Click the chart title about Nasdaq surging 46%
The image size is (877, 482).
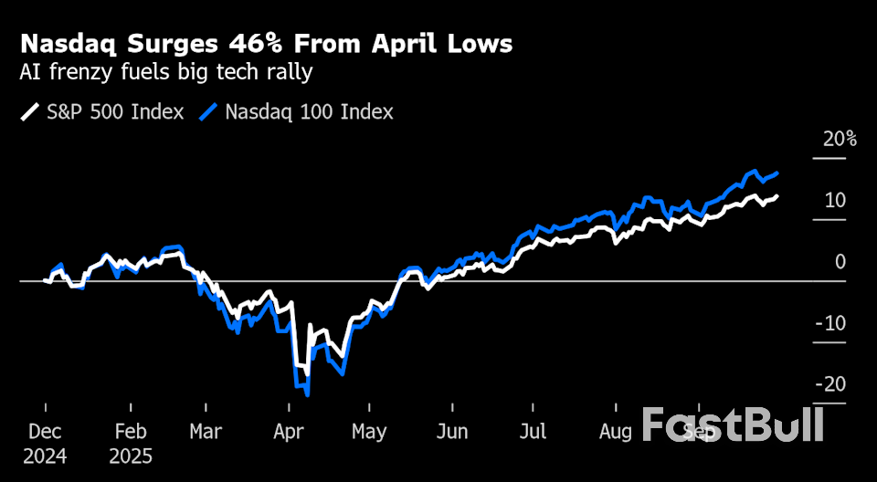pyautogui.click(x=266, y=44)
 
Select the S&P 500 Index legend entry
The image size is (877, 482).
pyautogui.click(x=102, y=112)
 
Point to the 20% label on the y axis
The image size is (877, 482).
pyautogui.click(x=839, y=140)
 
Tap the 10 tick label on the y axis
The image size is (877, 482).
pyautogui.click(x=835, y=200)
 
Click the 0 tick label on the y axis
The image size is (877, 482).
pyautogui.click(x=840, y=262)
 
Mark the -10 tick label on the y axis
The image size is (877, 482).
pyautogui.click(x=831, y=323)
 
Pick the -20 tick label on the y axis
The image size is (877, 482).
pyautogui.click(x=831, y=384)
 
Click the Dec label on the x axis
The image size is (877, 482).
pyautogui.click(x=45, y=432)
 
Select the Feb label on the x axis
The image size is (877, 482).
pyautogui.click(x=131, y=432)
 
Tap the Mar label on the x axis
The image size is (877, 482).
pyautogui.click(x=206, y=432)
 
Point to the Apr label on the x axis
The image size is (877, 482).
pyautogui.click(x=289, y=432)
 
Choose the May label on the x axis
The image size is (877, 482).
pyautogui.click(x=369, y=432)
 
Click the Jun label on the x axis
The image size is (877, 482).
pyautogui.click(x=453, y=432)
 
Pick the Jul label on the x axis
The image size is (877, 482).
pyautogui.click(x=534, y=432)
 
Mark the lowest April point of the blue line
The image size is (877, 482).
pyautogui.click(x=308, y=395)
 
